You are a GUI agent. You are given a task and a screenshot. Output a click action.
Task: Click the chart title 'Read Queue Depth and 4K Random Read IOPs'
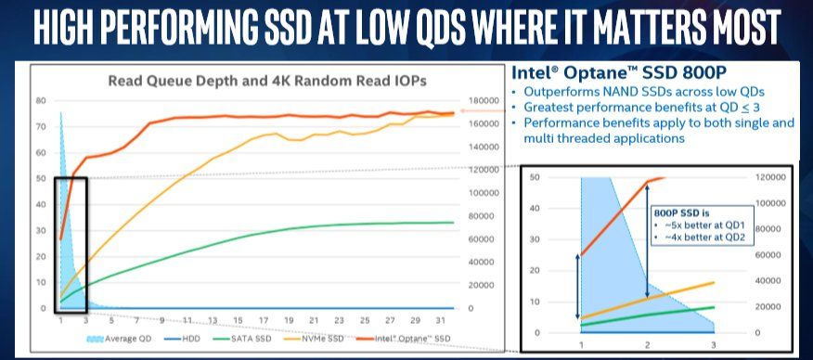pos(266,80)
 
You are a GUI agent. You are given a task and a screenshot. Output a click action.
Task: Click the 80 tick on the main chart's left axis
pos(40,100)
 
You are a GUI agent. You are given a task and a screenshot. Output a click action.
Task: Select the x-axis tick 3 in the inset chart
pos(714,345)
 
